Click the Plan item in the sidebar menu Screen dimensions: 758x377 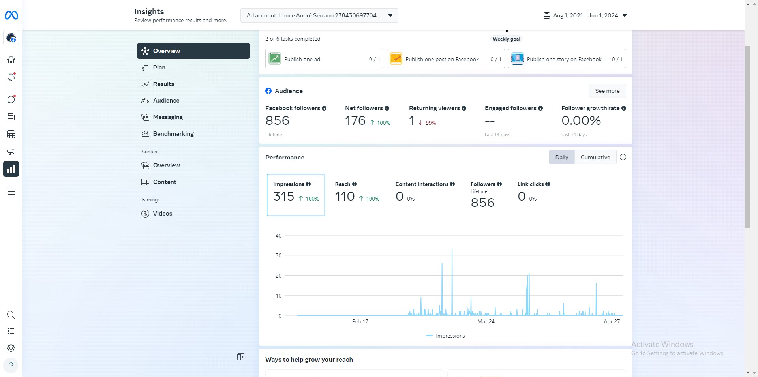pos(159,68)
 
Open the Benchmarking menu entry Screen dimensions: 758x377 pos(173,134)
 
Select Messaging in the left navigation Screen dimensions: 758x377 pos(168,117)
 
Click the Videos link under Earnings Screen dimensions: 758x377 pos(162,214)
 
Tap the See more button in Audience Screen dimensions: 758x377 pos(607,91)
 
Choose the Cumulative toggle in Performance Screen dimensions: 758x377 pos(595,157)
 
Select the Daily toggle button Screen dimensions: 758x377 pos(562,157)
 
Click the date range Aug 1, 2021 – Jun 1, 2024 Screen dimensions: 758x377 pos(585,15)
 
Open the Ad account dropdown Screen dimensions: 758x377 pos(319,15)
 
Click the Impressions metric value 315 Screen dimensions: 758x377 pos(284,196)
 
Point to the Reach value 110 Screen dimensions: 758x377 pos(345,196)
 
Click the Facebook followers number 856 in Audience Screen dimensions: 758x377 pos(277,120)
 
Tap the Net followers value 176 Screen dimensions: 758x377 pos(355,120)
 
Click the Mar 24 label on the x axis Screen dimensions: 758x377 pos(486,321)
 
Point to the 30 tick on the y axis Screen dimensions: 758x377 pos(278,255)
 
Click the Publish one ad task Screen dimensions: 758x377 pos(324,58)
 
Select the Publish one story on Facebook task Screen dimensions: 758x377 pos(567,58)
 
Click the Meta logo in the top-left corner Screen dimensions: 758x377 pos(11,15)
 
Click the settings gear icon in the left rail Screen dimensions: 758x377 pos(11,348)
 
